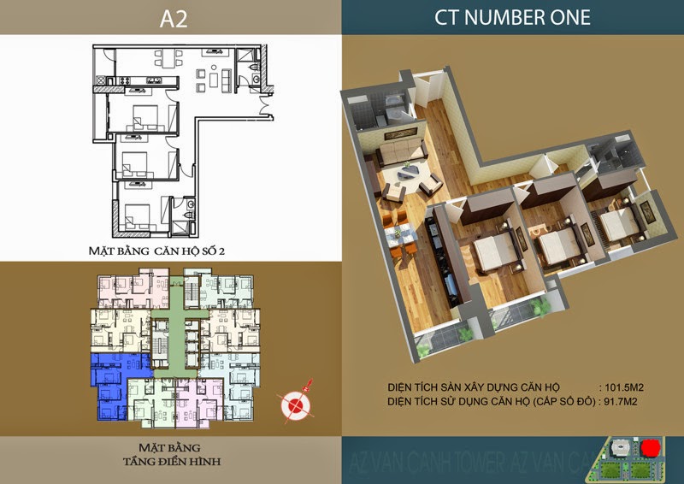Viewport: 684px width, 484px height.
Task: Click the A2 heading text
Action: point(170,16)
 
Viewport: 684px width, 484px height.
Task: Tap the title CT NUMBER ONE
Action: point(512,16)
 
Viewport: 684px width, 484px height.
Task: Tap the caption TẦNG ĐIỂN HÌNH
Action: point(170,458)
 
